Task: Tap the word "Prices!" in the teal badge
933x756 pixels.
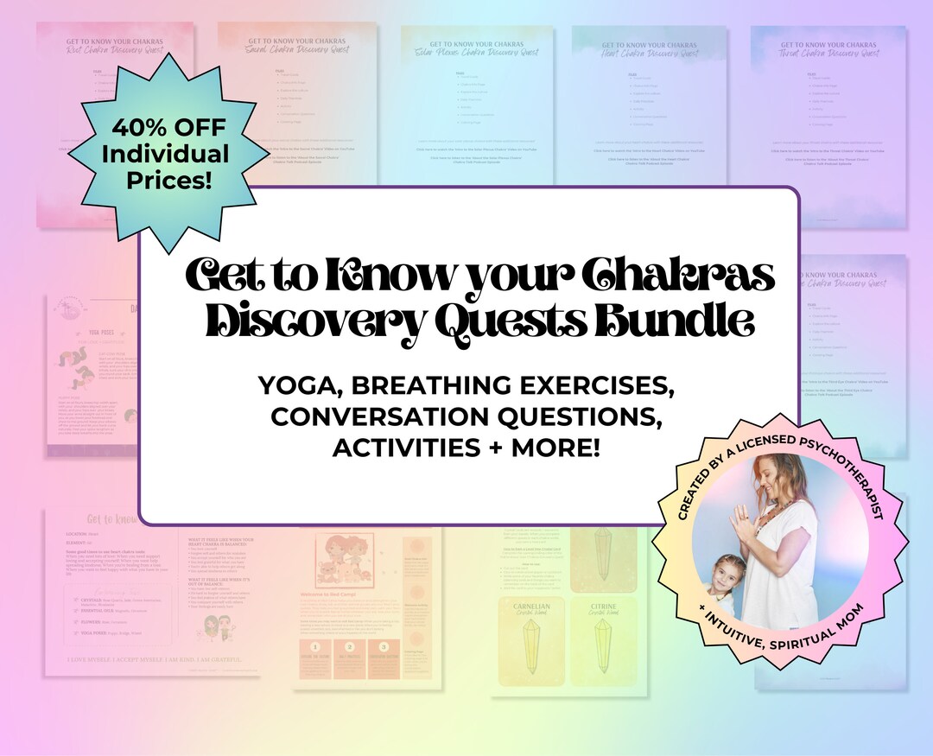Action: [x=168, y=181]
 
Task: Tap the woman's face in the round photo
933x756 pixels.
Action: [x=771, y=474]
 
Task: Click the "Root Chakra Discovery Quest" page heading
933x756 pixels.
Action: [x=115, y=50]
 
